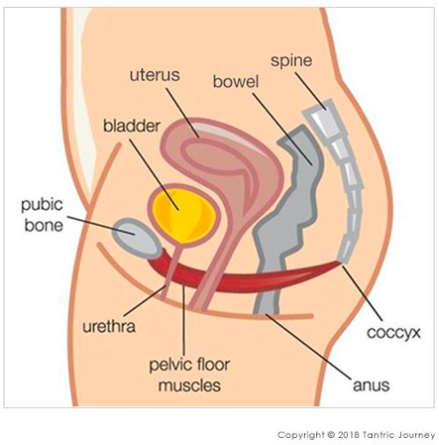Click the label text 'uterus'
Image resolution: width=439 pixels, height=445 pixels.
tap(155, 75)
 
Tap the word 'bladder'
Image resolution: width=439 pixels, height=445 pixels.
tap(132, 126)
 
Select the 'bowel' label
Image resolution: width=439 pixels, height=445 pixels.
tap(236, 81)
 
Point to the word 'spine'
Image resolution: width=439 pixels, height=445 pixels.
tap(291, 61)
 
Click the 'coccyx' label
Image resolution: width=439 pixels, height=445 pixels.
tap(393, 333)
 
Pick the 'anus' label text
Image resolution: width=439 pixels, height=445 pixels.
tap(371, 386)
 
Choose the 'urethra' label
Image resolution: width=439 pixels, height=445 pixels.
tap(109, 327)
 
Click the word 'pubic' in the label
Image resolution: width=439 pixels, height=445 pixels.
tap(42, 205)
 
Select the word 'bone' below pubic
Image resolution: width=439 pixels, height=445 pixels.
tap(44, 225)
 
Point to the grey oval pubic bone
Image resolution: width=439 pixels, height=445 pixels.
tap(136, 238)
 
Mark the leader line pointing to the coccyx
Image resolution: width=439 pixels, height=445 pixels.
tap(362, 293)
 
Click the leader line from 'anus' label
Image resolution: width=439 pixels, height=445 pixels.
tap(308, 346)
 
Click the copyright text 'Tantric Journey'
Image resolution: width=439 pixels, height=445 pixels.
tap(398, 435)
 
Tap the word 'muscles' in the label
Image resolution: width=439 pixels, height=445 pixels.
tap(190, 386)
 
